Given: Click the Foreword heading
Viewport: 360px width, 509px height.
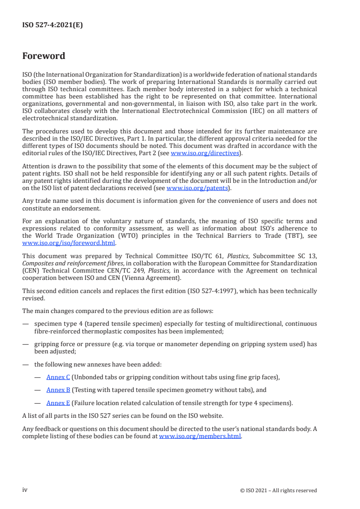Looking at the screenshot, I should click(44, 56).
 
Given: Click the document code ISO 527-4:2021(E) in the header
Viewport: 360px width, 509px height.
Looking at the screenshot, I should click(52, 25).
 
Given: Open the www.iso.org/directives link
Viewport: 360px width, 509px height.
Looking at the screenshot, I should click(204, 153).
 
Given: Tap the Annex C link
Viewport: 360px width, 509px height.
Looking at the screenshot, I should click(58, 377).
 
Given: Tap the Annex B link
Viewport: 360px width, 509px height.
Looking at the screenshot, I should click(58, 389).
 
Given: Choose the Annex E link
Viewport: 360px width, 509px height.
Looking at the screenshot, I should click(58, 402).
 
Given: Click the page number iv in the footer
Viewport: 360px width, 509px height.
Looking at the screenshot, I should click(25, 490).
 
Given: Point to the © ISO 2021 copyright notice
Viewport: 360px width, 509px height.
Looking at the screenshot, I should click(278, 490).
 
